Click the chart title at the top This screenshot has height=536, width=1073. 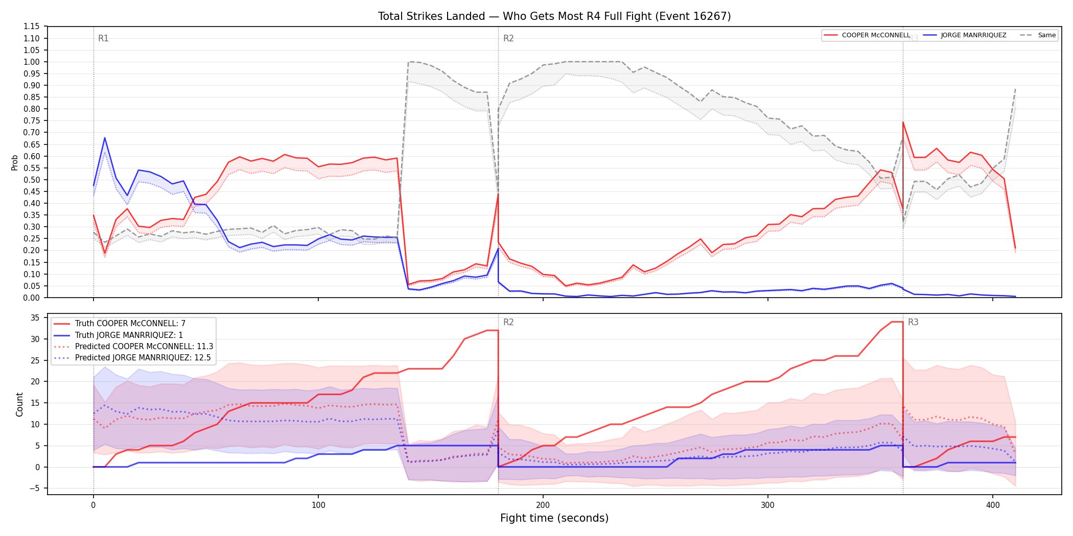(554, 16)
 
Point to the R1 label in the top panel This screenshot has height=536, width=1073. (103, 38)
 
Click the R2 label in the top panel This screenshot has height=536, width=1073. (508, 38)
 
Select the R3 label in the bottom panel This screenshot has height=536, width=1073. (913, 322)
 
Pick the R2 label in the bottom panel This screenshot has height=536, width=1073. (508, 322)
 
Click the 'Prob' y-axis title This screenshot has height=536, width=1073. (15, 162)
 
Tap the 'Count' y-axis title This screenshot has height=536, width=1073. (19, 404)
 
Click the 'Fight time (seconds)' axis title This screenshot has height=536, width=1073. (554, 518)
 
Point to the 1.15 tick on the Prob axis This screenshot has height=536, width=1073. (31, 27)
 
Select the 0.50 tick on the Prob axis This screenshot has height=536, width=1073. (31, 180)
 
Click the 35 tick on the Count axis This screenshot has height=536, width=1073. (35, 318)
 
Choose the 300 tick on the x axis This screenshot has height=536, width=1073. (768, 505)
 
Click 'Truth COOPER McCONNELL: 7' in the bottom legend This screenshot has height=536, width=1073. (130, 324)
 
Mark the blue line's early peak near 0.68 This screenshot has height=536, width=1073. (105, 138)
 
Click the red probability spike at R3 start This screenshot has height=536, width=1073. (903, 123)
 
